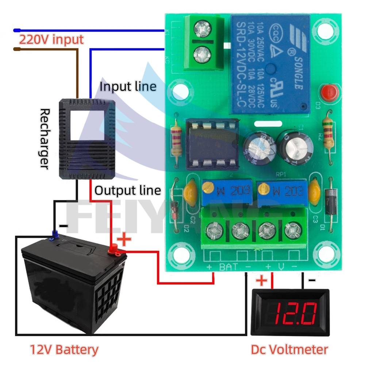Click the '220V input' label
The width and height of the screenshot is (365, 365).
coord(51,39)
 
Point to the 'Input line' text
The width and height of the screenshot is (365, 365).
coord(128,87)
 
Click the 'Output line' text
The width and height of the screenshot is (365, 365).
coord(128,190)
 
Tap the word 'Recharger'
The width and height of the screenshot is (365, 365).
coord(44,138)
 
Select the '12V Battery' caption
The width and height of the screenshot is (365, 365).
coord(64,350)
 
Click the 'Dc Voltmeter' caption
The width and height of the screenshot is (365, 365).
coord(289,349)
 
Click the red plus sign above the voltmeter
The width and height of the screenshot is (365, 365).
coord(262,281)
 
